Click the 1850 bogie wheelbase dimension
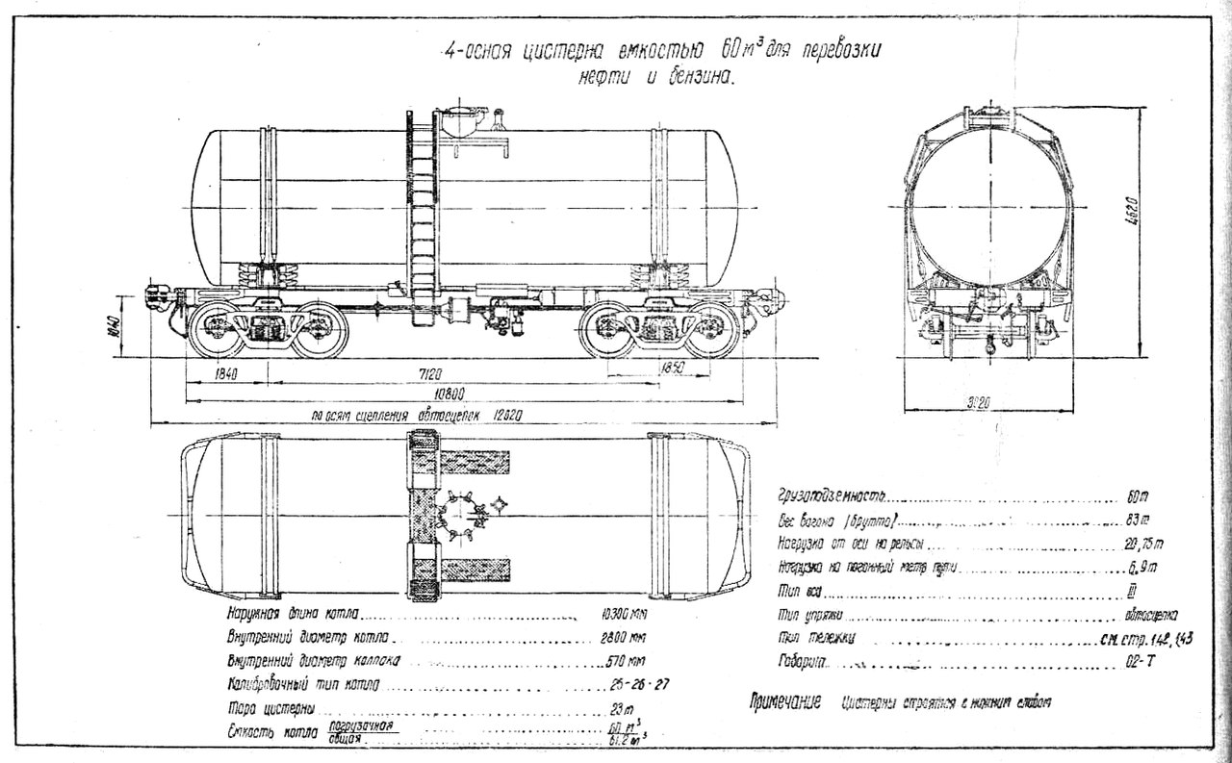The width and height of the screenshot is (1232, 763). [673, 368]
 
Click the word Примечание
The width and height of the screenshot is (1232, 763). [785, 701]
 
